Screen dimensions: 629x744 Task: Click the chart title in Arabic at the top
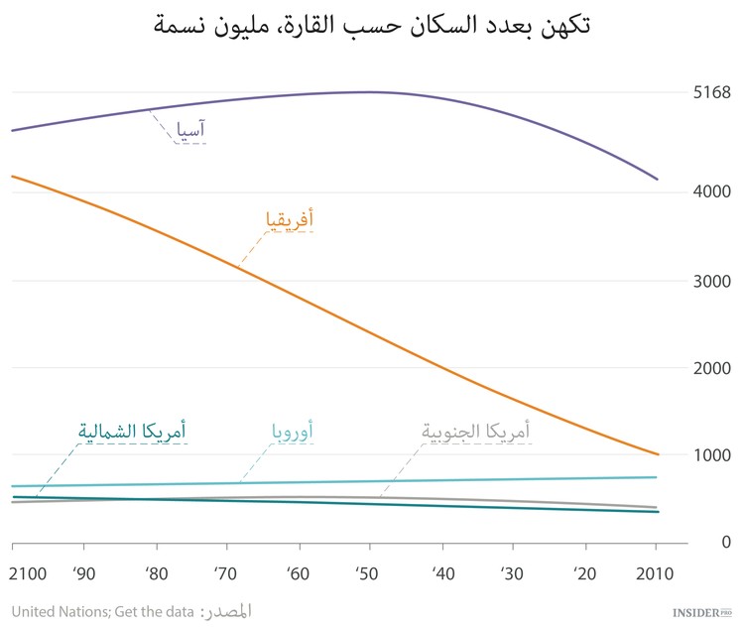point(372,24)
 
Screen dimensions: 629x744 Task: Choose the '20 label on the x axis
point(583,575)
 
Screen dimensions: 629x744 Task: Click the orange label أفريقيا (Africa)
point(290,218)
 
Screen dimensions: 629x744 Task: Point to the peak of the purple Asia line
point(370,92)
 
